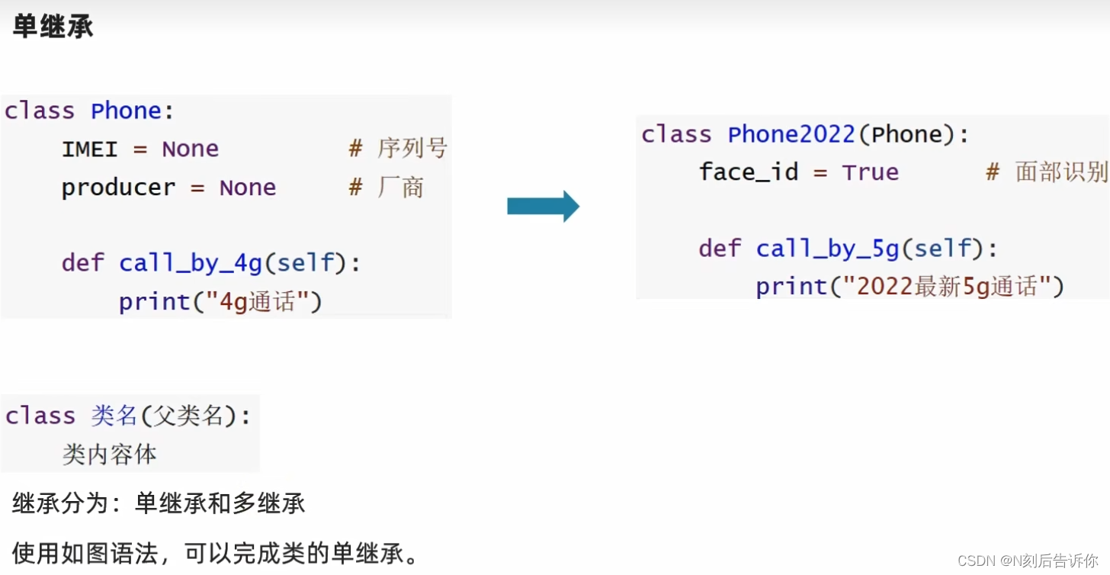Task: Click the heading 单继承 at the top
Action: point(53,27)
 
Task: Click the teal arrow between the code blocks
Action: point(543,206)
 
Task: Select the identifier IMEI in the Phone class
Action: point(90,149)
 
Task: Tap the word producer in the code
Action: point(118,188)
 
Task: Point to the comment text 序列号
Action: point(412,149)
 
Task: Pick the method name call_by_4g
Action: point(191,264)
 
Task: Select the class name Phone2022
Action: point(791,135)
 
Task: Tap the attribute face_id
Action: point(748,172)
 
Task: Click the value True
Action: point(870,172)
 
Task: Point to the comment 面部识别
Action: point(1060,172)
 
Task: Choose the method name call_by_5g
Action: point(828,249)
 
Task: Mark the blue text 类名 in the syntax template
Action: point(114,416)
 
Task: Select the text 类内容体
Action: point(109,455)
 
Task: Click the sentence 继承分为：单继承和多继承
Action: point(159,503)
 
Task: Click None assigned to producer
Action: point(248,188)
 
